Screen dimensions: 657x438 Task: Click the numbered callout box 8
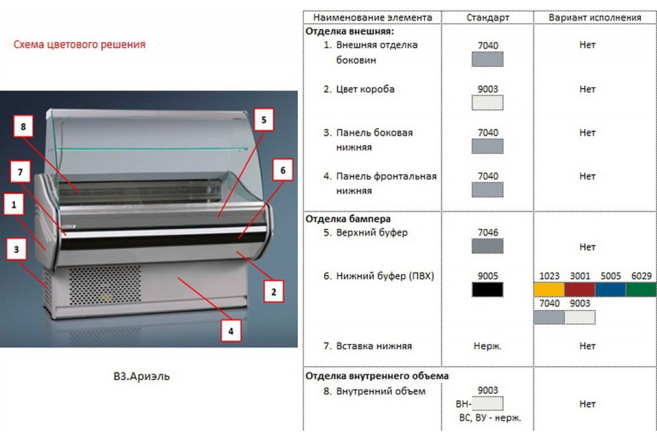tap(23, 126)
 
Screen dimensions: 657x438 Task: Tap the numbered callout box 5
tap(264, 120)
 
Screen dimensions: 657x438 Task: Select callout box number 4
tap(231, 331)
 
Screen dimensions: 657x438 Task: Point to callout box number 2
tap(274, 292)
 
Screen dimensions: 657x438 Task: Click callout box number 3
tap(16, 249)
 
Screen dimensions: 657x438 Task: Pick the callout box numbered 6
tap(283, 170)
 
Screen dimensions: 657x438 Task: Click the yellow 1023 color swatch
tap(549, 290)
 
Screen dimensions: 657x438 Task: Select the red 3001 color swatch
tap(580, 290)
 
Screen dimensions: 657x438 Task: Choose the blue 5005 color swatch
tap(610, 290)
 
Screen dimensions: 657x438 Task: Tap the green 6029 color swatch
tap(641, 290)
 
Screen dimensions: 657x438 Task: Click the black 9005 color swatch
tap(487, 290)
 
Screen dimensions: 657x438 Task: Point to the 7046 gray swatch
tap(487, 246)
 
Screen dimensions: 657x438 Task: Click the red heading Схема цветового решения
tap(79, 44)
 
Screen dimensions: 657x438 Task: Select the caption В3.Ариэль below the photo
tap(142, 376)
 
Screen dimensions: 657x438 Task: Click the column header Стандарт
tap(488, 18)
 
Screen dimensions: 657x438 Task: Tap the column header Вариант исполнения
tap(595, 18)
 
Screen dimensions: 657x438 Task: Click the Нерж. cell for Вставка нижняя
tap(487, 346)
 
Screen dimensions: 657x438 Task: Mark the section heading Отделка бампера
tap(348, 219)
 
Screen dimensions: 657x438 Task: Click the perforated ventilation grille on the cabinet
tap(105, 285)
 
